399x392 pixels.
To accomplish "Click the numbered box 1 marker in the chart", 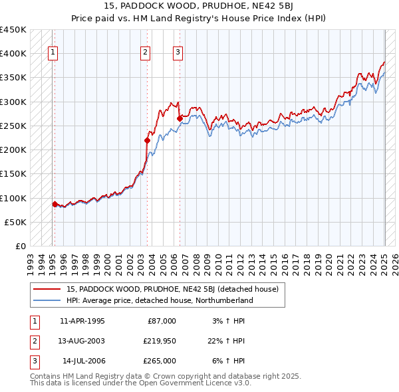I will pos(53,53).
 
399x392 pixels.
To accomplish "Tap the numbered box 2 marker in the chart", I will pos(146,53).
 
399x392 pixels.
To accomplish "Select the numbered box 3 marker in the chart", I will pos(178,53).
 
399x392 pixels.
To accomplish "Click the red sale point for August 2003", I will pos(147,140).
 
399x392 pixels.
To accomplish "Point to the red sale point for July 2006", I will pos(180,118).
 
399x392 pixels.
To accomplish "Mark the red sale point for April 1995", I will pos(55,204).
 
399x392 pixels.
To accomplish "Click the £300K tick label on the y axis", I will pos(13,102).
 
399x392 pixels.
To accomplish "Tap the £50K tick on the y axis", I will pos(16,222).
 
